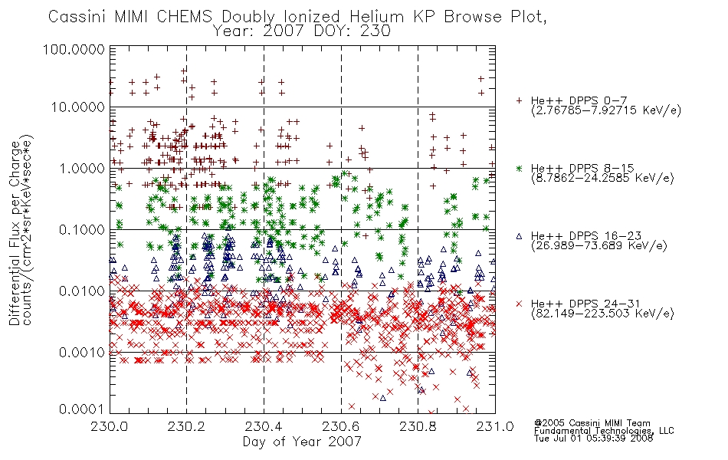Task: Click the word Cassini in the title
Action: coord(77,17)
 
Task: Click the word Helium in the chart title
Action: coord(376,17)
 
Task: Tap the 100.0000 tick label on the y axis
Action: coord(74,49)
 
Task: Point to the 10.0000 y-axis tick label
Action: coord(77,107)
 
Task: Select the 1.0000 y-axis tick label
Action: coord(82,168)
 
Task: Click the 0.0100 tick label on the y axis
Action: coord(82,291)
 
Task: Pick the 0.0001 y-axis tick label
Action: coord(82,409)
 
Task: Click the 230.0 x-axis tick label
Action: coord(110,426)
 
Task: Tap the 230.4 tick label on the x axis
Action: coord(264,426)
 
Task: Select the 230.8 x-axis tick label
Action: coord(418,426)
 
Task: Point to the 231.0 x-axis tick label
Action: coord(495,426)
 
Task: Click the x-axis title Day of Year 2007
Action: coord(302,442)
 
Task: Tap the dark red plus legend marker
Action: coord(519,100)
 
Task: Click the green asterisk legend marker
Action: coord(519,168)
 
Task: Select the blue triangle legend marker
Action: coord(519,236)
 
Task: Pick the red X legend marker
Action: coord(519,304)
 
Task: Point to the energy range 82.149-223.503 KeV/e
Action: coord(602,314)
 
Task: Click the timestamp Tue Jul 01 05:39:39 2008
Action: coord(593,439)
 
